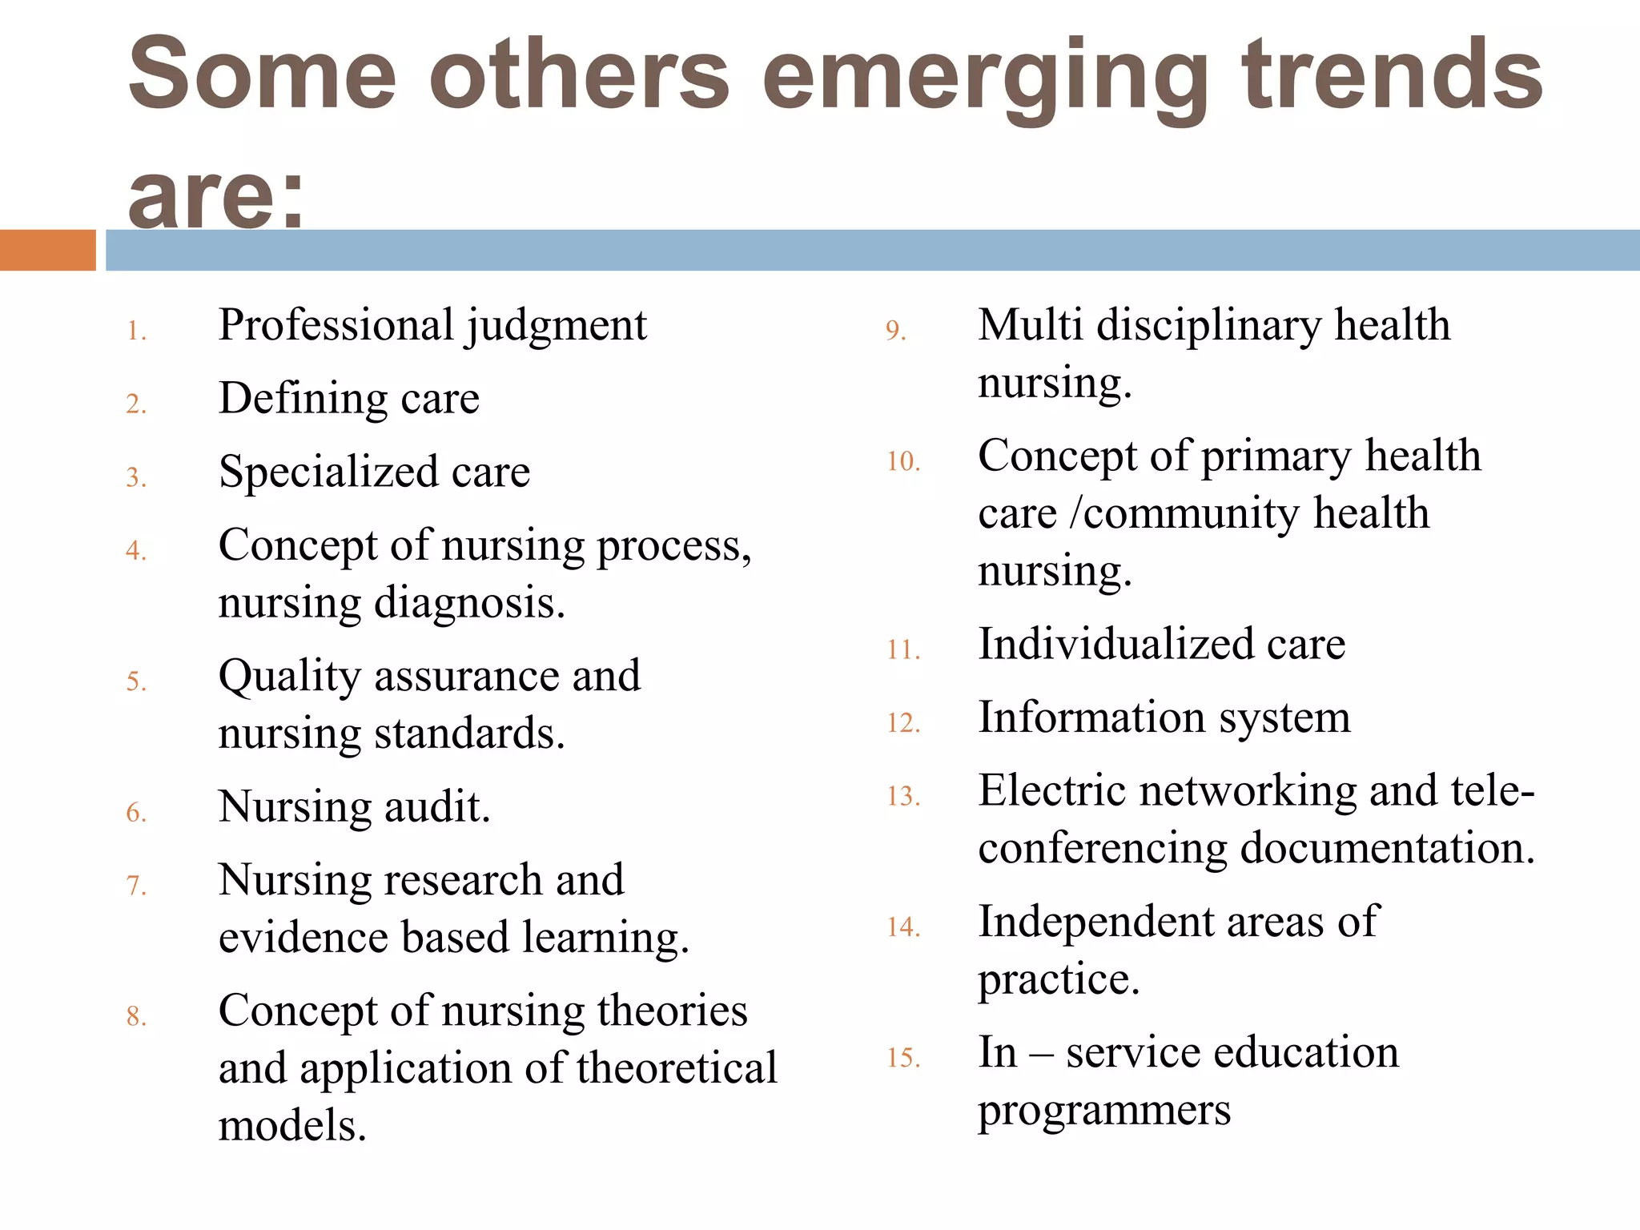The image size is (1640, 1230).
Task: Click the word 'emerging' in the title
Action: point(984,76)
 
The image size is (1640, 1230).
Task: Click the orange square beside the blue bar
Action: point(47,250)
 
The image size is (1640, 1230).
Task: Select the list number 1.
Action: point(136,331)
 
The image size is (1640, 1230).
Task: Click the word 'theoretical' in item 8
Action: point(676,1068)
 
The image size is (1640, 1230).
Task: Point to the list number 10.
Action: point(903,461)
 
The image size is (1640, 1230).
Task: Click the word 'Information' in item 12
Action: point(1091,717)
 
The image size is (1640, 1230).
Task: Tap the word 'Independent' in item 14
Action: point(1095,921)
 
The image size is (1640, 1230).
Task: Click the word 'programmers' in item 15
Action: point(1104,1111)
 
